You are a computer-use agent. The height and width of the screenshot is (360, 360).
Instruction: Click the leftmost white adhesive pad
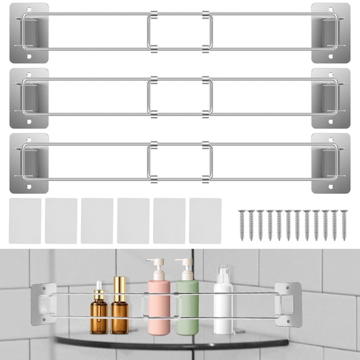(25, 221)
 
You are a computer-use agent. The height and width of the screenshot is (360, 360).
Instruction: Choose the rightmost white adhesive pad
(205, 221)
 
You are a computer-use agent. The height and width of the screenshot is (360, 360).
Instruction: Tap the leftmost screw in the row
(242, 224)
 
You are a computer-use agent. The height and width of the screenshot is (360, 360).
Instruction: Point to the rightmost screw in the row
(344, 224)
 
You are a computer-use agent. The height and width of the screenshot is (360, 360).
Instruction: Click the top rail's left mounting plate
(29, 32)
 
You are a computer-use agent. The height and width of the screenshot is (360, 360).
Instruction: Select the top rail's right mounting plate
(331, 32)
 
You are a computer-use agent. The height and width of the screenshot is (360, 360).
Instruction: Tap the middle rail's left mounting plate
(29, 98)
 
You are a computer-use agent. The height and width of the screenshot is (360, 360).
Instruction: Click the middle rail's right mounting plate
(331, 98)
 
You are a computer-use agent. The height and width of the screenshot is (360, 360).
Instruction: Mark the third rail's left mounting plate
(29, 163)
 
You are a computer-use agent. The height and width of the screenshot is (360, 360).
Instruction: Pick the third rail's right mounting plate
(331, 163)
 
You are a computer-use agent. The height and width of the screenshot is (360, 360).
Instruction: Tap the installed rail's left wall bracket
(44, 304)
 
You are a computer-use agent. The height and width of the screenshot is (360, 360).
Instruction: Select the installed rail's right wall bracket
(287, 304)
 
